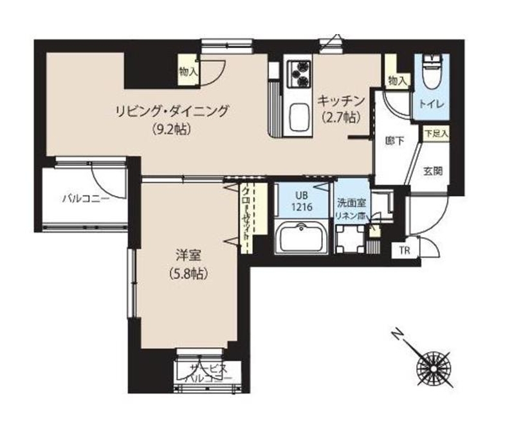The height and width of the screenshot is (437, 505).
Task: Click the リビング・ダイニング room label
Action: pyautogui.click(x=172, y=111)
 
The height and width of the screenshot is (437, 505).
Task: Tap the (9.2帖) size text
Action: pyautogui.click(x=170, y=129)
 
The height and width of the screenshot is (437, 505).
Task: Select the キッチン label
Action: pyautogui.click(x=341, y=101)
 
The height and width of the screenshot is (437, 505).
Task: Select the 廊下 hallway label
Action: pyautogui.click(x=394, y=141)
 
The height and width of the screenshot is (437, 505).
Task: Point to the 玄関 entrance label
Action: pyautogui.click(x=432, y=171)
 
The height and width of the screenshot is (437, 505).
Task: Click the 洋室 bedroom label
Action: pyautogui.click(x=187, y=254)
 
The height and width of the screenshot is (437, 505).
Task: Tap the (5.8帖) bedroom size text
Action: pyautogui.click(x=187, y=274)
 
